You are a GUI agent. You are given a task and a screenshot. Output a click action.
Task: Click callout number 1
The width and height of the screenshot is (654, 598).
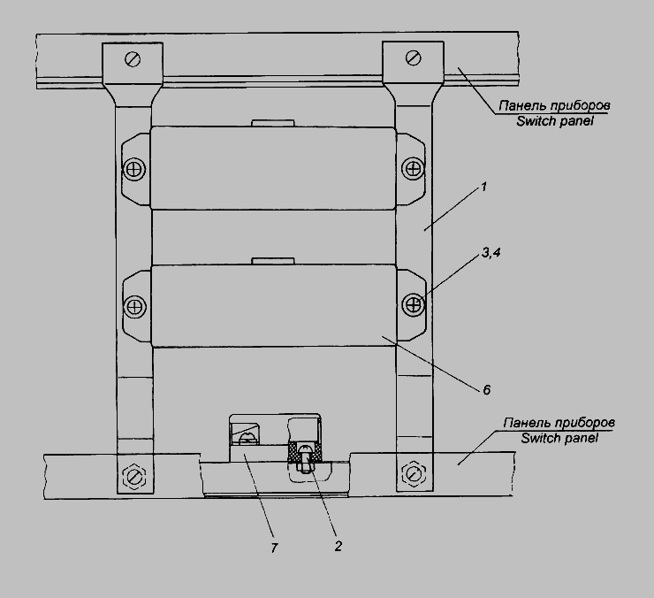coord(483,187)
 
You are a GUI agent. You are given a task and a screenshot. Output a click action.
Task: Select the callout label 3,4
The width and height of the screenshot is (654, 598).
coord(490,253)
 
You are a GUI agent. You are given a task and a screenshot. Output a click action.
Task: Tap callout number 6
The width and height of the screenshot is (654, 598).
coord(486,390)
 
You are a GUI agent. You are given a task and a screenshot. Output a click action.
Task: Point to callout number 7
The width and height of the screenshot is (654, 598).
coord(274,548)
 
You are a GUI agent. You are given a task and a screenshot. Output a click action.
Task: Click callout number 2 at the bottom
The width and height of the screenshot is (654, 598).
coord(338,546)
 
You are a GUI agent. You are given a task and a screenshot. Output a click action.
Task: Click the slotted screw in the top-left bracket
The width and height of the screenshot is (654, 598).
coord(133,59)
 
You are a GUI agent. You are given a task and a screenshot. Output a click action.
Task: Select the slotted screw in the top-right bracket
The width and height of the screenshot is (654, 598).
coord(413,57)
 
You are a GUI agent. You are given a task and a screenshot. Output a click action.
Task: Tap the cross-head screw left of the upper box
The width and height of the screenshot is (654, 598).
coord(134,170)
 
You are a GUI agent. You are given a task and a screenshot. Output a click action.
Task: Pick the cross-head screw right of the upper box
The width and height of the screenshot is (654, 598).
coord(413,169)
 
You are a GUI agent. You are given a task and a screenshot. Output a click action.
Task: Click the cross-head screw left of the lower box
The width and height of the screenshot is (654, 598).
coord(134,306)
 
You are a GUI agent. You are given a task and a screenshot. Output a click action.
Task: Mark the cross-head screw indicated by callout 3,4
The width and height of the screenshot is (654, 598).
coord(413,304)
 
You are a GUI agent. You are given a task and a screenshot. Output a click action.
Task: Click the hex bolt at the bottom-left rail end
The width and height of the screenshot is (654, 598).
coord(133,475)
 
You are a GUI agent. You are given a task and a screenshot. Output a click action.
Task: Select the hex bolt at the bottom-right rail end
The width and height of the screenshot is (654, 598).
coord(413,473)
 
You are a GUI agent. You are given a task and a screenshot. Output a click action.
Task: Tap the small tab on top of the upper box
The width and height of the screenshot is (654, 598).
coord(273,123)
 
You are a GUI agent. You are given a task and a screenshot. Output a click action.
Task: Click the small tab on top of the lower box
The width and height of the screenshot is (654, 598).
coord(273,261)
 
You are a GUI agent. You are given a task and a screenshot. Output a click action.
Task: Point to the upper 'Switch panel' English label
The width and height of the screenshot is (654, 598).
coord(555,121)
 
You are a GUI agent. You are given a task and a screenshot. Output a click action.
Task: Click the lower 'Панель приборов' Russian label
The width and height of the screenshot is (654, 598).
coord(559,423)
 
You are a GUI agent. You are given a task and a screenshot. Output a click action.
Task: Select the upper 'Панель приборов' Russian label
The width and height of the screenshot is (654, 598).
coord(554,105)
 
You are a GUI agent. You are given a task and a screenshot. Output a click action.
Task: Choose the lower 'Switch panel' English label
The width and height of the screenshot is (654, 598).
coord(559,438)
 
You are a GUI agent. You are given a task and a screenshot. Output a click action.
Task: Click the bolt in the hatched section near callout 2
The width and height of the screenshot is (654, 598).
coord(305,458)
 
